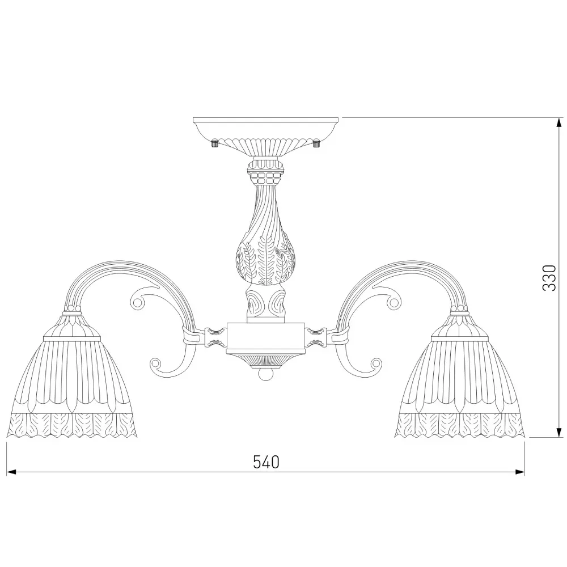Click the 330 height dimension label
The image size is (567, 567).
pos(549,278)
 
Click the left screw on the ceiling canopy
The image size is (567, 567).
pos(214,143)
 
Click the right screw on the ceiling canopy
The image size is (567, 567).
pos(317,143)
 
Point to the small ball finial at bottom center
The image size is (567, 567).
pos(266,375)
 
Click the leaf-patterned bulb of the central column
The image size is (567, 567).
pos(266,259)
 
